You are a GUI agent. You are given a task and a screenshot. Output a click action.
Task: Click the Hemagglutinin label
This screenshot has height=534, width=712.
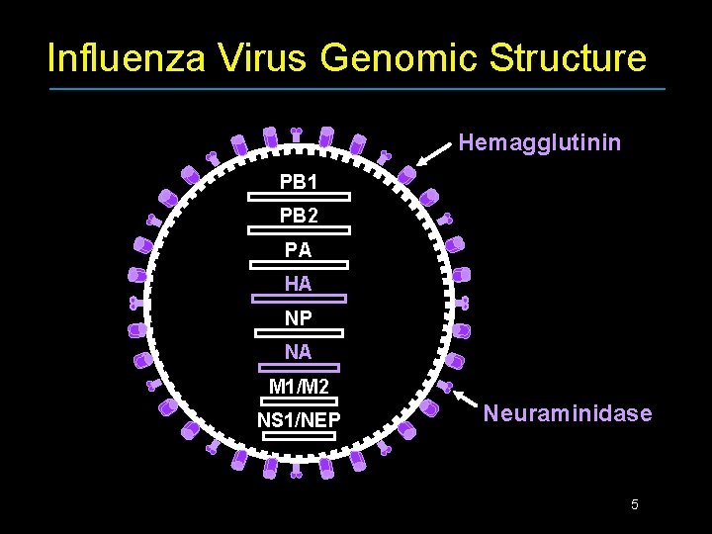click(540, 143)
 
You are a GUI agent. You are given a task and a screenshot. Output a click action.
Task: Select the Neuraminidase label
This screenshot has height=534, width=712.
click(568, 413)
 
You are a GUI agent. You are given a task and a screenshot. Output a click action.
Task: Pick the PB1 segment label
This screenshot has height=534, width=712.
click(299, 182)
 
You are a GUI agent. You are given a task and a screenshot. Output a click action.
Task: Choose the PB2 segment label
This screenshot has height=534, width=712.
click(299, 215)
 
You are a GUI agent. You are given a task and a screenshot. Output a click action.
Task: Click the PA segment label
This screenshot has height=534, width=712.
click(299, 249)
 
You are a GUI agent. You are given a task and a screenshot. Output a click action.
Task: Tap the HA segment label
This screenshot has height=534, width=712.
click(299, 284)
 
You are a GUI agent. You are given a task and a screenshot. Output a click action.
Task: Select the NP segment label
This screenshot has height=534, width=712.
click(299, 318)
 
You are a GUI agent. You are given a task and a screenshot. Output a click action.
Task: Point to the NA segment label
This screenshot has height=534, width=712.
click(299, 352)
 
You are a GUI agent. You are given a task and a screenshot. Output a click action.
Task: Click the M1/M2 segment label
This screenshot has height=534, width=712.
click(299, 386)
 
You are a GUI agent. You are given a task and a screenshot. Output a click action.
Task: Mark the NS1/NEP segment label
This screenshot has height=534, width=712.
click(299, 420)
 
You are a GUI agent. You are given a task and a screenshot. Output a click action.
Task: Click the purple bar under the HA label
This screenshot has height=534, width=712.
click(299, 298)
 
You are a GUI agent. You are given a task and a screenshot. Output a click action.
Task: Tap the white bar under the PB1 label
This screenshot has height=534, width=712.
click(299, 197)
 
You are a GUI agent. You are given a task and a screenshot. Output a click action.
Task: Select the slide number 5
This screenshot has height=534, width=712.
click(635, 505)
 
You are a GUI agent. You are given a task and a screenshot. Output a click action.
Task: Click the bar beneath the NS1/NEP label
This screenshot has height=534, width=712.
click(299, 435)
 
